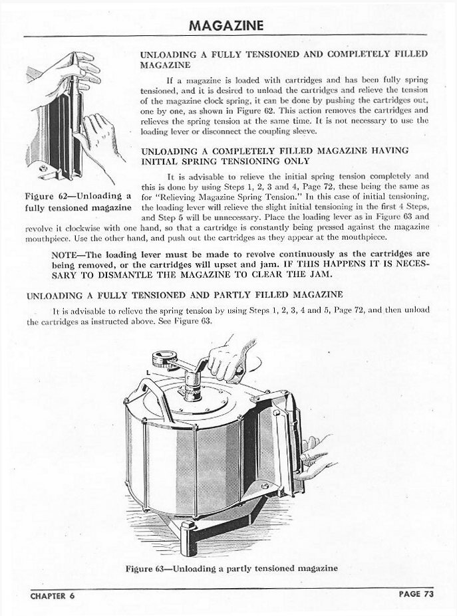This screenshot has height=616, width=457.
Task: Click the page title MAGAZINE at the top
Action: click(226, 25)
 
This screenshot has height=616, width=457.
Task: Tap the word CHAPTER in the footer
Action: click(49, 595)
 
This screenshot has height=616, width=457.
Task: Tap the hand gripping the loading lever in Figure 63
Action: click(226, 359)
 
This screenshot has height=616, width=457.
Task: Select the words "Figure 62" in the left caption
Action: click(47, 197)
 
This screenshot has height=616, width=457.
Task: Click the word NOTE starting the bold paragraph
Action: click(65, 255)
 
